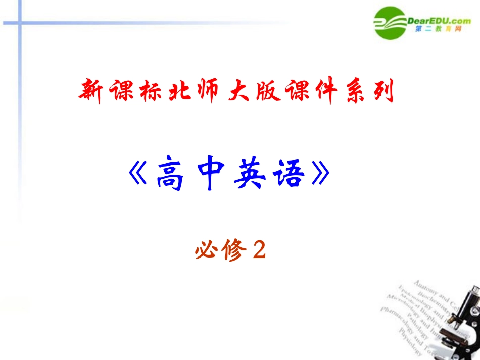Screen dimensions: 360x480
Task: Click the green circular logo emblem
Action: click(x=392, y=23)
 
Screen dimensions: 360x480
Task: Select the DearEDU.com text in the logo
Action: click(x=439, y=20)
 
